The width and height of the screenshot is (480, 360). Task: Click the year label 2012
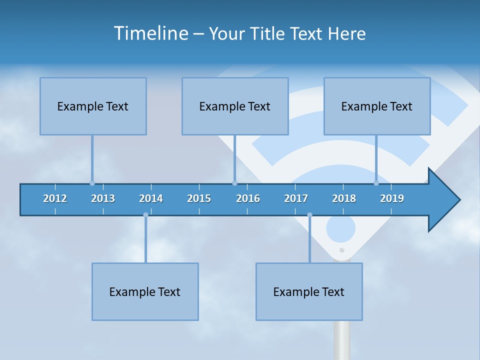pyautogui.click(x=55, y=198)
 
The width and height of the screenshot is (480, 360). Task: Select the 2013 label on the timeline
pyautogui.click(x=103, y=198)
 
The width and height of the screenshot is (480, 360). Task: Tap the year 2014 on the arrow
pyautogui.click(x=151, y=198)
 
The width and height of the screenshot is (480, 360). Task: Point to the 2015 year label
pyautogui.click(x=199, y=198)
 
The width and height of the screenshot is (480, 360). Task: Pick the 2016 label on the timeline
pyautogui.click(x=248, y=198)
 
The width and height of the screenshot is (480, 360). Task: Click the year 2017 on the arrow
pyautogui.click(x=296, y=198)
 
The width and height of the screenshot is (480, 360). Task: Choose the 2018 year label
pyautogui.click(x=344, y=198)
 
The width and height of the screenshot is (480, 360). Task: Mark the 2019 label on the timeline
pyautogui.click(x=392, y=198)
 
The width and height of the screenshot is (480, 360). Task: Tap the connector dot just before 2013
pyautogui.click(x=92, y=183)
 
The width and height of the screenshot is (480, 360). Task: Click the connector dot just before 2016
pyautogui.click(x=234, y=183)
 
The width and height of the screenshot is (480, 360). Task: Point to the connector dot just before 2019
pyautogui.click(x=376, y=183)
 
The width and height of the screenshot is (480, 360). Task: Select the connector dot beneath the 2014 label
pyautogui.click(x=145, y=215)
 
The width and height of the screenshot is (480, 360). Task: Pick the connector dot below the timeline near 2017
pyautogui.click(x=309, y=215)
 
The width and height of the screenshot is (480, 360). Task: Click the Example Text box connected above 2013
pyautogui.click(x=93, y=106)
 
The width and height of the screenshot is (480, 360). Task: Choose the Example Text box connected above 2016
pyautogui.click(x=235, y=106)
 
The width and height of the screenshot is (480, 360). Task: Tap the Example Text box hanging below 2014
pyautogui.click(x=145, y=291)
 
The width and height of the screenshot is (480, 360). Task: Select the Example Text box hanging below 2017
pyautogui.click(x=309, y=291)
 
